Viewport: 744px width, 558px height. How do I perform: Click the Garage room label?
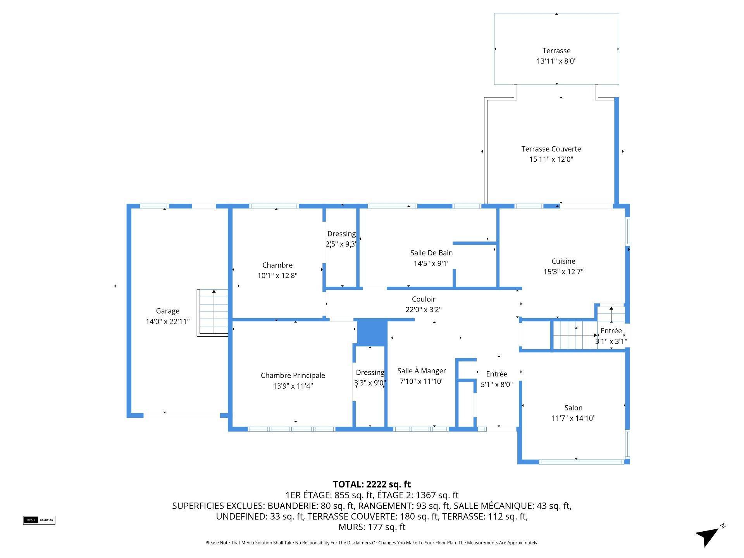[x=167, y=311]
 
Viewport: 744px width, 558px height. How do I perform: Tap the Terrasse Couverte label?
[x=551, y=149]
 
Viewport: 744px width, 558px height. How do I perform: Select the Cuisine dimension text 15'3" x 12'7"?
[x=563, y=272]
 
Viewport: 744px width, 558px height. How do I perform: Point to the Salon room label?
[x=573, y=408]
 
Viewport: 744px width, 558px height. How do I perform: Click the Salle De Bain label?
[x=431, y=253]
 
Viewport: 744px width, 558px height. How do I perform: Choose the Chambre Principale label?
[x=293, y=375]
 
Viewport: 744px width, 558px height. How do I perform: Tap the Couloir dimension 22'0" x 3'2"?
[x=424, y=310]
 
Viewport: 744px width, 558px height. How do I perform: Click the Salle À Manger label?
[x=422, y=371]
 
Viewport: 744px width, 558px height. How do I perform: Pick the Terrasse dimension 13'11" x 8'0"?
[x=556, y=61]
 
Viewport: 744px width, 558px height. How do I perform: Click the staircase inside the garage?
[x=212, y=313]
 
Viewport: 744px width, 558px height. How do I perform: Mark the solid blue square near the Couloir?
[x=372, y=332]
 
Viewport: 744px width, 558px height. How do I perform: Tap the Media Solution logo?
[x=39, y=520]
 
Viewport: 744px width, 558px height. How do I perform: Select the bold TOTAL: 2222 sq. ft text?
[x=372, y=484]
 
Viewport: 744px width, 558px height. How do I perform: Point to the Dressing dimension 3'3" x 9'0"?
[x=370, y=383]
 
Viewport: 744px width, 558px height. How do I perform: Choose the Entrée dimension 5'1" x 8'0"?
[x=496, y=384]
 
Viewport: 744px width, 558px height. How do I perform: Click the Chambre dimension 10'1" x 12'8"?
[x=277, y=276]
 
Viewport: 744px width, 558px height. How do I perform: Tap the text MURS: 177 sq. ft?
[x=372, y=527]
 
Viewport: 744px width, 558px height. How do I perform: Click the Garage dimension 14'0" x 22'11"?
[x=167, y=321]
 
